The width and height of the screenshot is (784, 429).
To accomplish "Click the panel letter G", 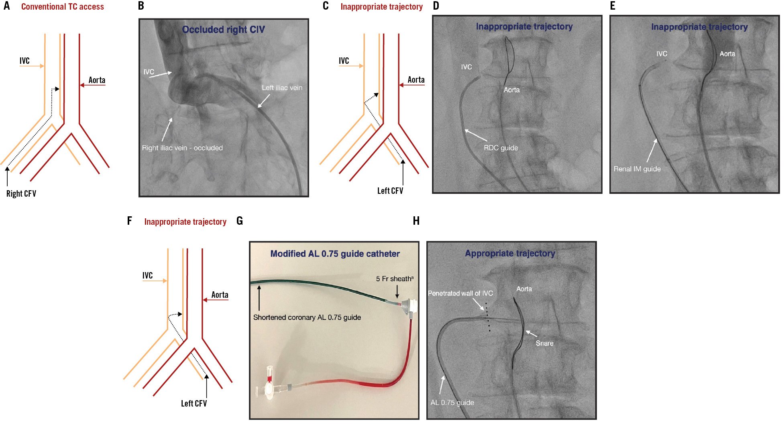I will coord(240,221).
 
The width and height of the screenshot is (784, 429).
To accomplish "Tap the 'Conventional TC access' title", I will coord(62,7).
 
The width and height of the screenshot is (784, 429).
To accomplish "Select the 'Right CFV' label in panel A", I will coord(21,194).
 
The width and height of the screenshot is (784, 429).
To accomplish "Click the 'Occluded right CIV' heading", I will coord(223,29).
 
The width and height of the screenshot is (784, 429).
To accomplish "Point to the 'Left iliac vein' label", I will coord(282,88).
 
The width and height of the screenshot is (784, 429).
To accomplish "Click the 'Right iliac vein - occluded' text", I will coord(182,148).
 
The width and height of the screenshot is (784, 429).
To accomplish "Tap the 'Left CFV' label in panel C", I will coord(390,191).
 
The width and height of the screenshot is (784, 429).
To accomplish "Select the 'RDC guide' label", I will coord(501,148).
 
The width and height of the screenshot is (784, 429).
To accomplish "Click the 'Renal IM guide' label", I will coord(637,169).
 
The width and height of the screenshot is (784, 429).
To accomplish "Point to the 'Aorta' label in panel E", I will coord(727,54).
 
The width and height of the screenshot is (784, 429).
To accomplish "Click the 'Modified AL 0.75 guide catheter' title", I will coord(335,254).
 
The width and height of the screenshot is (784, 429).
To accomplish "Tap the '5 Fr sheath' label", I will coord(394,279).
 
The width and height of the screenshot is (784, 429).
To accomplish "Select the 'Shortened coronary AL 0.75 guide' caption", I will coord(307,317).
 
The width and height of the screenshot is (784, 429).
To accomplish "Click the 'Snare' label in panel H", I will coord(544,343).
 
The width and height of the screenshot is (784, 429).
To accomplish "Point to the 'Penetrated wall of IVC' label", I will coord(460,293).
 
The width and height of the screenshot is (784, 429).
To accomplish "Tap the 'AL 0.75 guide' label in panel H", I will coord(452,403).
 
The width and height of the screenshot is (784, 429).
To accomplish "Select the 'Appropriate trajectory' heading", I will coord(510,254).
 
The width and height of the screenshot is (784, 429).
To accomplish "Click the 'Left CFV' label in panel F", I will coord(194,404).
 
